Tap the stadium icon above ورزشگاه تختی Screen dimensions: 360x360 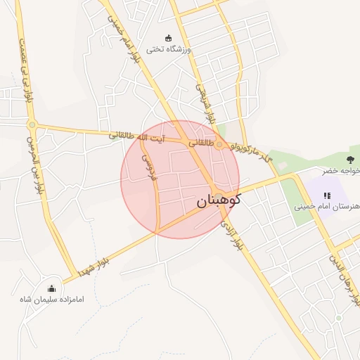click(x=167, y=38)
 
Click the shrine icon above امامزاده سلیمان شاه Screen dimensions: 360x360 click(x=51, y=288)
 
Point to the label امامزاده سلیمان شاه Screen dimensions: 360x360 click(x=52, y=300)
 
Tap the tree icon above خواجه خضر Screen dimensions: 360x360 click(x=350, y=158)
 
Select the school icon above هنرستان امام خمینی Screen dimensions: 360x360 click(x=326, y=195)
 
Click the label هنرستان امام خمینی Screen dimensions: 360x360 click(x=328, y=208)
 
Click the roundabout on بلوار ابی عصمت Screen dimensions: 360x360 click(x=32, y=125)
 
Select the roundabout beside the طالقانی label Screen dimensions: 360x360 click(x=219, y=144)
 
